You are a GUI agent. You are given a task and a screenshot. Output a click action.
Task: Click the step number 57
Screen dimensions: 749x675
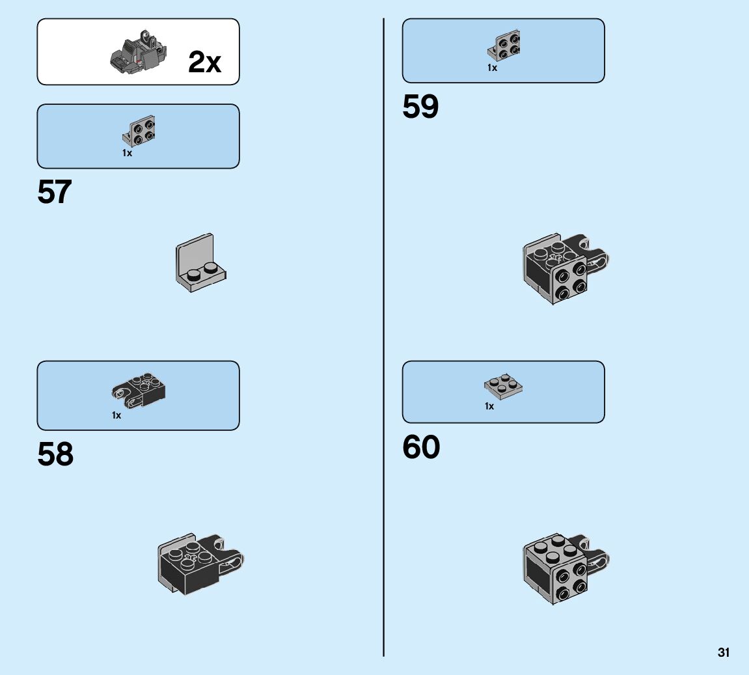55,192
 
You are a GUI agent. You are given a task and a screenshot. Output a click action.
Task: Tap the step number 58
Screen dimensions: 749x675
55,454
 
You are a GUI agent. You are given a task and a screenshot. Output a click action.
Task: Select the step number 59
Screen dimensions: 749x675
420,107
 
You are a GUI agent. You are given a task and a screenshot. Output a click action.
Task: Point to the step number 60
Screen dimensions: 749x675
421,447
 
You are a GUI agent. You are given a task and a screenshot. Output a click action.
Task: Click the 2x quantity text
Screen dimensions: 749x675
204,62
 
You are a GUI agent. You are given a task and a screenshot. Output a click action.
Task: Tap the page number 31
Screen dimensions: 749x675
724,652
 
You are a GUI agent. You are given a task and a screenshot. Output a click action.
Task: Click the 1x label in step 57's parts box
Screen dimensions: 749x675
127,154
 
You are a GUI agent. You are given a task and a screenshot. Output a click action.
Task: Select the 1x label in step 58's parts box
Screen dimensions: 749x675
116,415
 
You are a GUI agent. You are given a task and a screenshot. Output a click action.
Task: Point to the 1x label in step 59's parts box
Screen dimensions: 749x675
492,68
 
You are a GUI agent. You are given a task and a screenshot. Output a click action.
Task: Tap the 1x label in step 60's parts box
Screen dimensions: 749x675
489,406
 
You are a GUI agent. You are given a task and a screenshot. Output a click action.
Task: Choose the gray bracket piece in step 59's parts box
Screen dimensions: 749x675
504,45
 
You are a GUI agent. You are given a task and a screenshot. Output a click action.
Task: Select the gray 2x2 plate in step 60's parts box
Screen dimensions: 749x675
504,387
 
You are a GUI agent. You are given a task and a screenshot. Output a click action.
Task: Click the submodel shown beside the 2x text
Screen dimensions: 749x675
139,53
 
